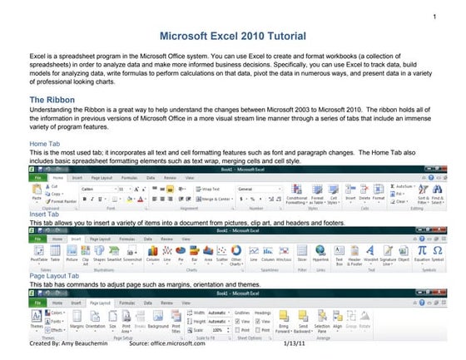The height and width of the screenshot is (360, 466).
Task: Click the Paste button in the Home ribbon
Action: click(x=36, y=196)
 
